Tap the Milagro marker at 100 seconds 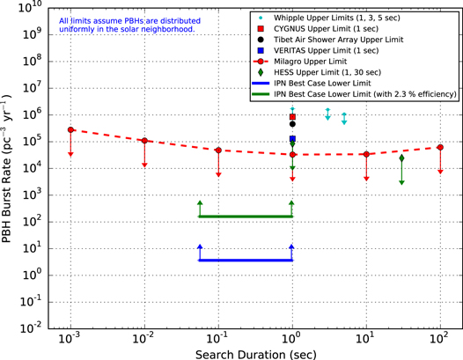tap(440, 147)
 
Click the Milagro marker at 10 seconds tap(366, 154)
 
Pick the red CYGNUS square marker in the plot tap(292, 117)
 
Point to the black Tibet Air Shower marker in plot tap(292, 124)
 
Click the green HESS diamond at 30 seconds tap(401, 158)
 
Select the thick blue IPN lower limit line tap(246, 260)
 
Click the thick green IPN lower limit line tap(246, 217)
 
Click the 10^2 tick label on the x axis tap(440, 338)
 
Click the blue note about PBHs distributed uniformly tap(127, 25)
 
